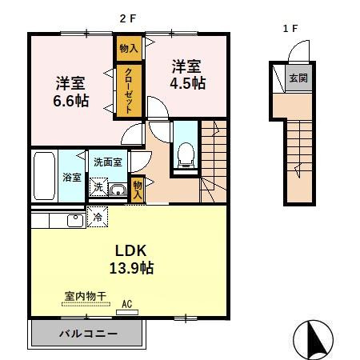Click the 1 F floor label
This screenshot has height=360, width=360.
point(290,28)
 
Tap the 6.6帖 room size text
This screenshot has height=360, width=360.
point(71,101)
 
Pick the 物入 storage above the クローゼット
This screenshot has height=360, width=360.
point(128,48)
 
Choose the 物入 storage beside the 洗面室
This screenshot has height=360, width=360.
point(138,189)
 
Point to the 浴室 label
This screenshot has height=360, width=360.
point(72,178)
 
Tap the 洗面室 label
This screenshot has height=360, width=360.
point(107,162)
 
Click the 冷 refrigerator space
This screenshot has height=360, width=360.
point(98,217)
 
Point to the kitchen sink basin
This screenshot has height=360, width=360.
point(74,219)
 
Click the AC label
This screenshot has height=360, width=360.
point(126,304)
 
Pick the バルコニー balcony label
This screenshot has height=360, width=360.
point(89,332)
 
